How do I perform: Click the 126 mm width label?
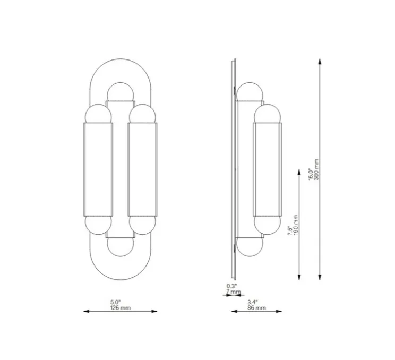(121, 308)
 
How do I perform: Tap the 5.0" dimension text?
(115, 302)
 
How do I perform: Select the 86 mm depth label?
(256, 308)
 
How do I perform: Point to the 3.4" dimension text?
(253, 302)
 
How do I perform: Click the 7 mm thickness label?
(234, 292)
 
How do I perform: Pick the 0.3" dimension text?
(232, 286)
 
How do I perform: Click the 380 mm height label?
(316, 169)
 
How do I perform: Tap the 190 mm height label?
(296, 225)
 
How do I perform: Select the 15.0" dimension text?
(311, 174)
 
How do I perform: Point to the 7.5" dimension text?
(290, 230)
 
